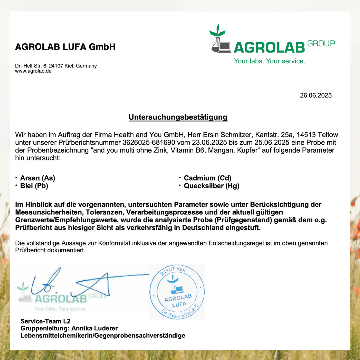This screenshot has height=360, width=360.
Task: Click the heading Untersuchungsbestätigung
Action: coord(178,117)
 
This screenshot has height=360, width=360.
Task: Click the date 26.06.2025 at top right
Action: coord(316,95)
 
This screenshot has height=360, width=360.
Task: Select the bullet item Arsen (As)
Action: coord(38,178)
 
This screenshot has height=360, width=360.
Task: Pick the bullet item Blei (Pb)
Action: coord(34,186)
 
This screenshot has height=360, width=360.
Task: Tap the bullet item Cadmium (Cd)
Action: coord(207,178)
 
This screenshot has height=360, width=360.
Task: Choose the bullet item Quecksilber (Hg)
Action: coord(211,186)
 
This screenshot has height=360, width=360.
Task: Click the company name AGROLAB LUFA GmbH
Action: coord(65,47)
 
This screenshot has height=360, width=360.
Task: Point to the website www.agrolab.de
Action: coord(33,71)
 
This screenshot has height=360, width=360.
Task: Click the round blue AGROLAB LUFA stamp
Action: coord(177,292)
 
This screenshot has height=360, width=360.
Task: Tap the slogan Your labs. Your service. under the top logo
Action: coord(269,61)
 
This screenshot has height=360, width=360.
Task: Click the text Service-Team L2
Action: coord(45,321)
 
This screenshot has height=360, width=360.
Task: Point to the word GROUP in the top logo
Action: coord(321,44)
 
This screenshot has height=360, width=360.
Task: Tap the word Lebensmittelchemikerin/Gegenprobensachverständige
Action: coord(103,336)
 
